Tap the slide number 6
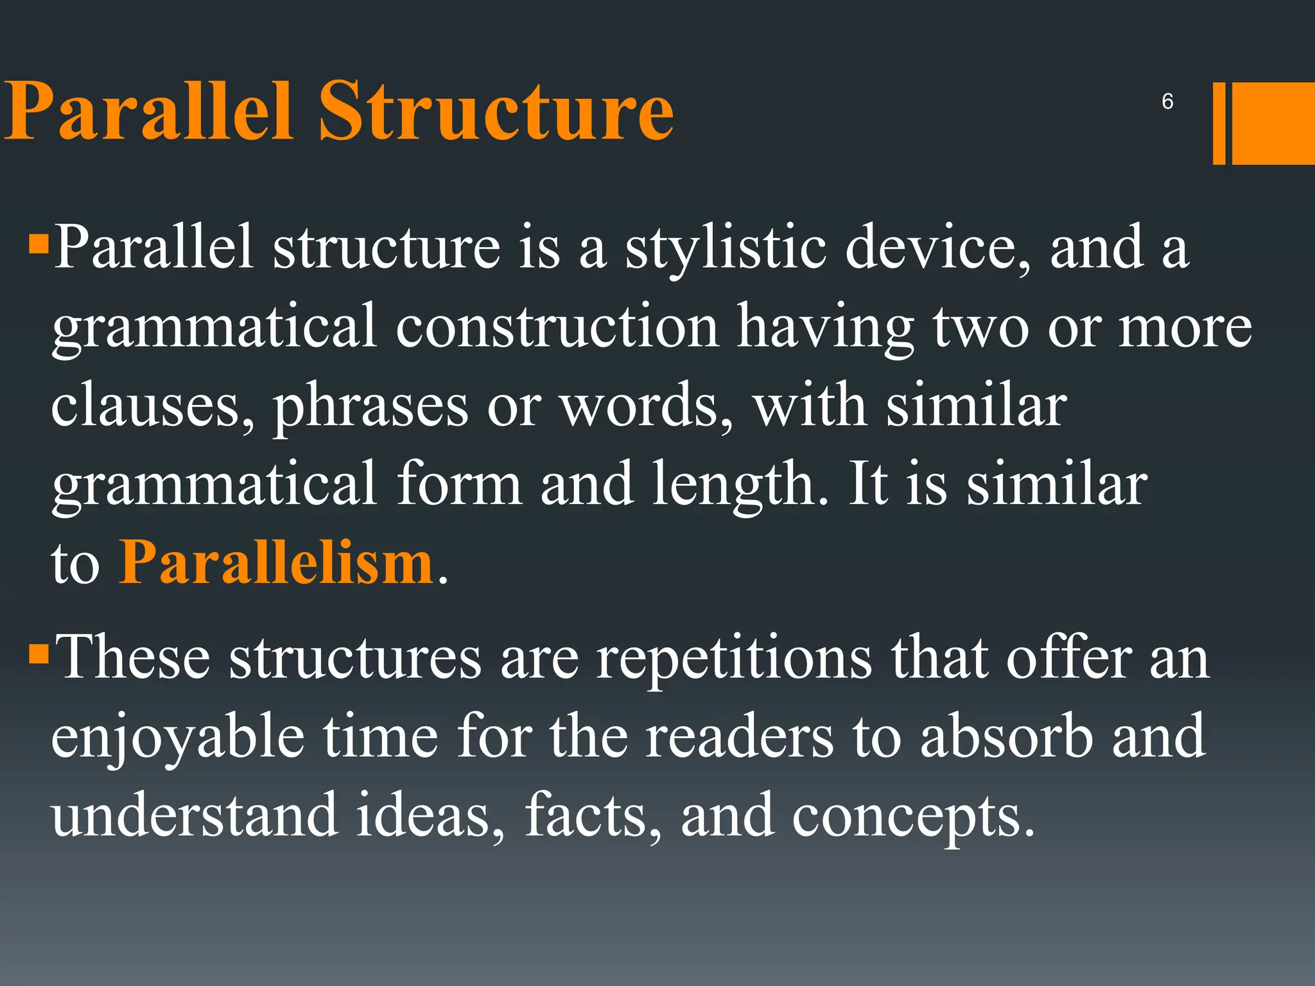[1167, 101]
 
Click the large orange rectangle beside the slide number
[1273, 123]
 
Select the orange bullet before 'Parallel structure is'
[39, 245]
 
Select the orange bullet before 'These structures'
[39, 655]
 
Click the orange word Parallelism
[277, 563]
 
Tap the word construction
[557, 327]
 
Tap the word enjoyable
[178, 738]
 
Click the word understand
[195, 815]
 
